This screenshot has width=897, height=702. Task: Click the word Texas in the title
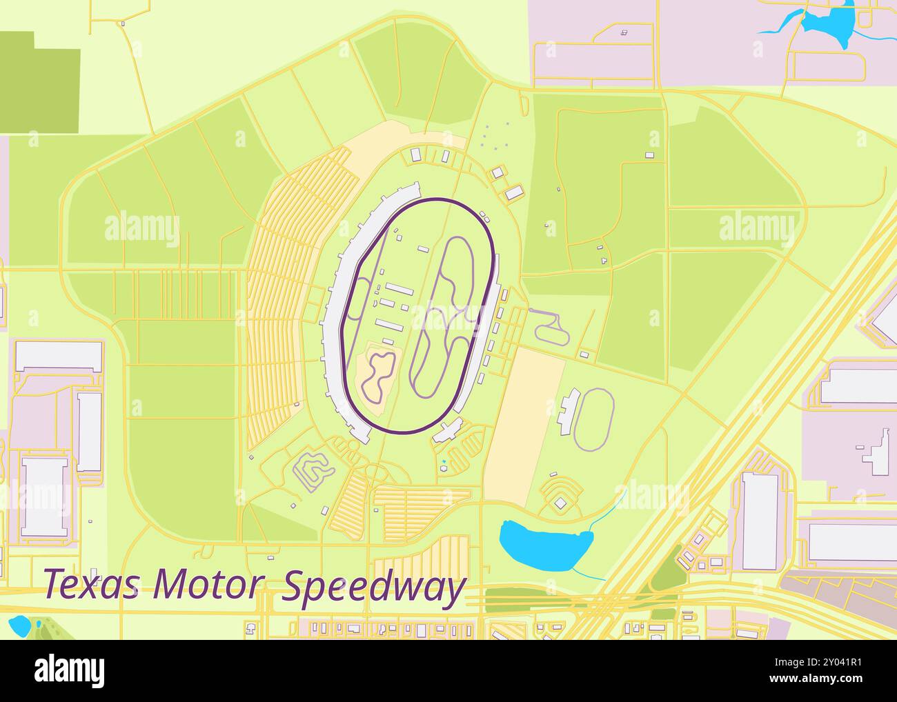(x=93, y=584)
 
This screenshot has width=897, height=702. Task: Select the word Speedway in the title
(x=374, y=588)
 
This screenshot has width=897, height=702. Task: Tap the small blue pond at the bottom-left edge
(x=19, y=625)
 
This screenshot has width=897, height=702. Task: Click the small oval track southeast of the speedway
(x=595, y=419)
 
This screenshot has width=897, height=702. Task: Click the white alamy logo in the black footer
(x=69, y=670)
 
